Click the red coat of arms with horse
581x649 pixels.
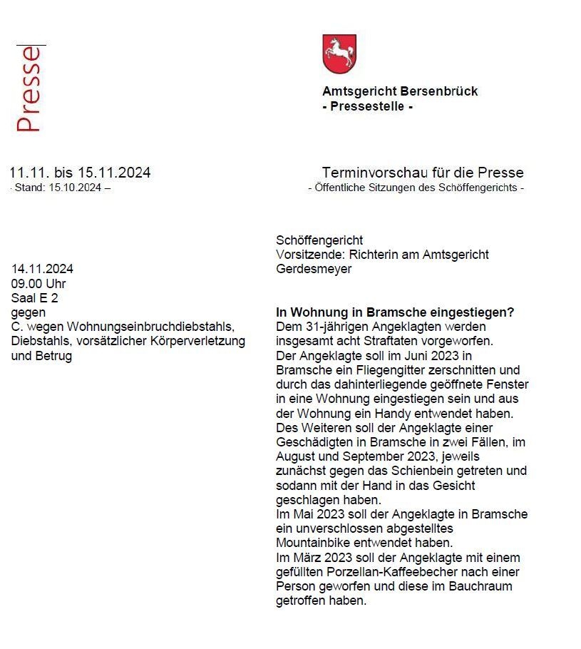tap(339, 54)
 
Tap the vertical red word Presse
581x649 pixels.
tap(29, 89)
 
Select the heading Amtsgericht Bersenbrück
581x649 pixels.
tap(400, 91)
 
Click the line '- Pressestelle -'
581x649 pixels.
tap(367, 107)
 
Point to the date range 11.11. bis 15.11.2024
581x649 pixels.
tap(80, 173)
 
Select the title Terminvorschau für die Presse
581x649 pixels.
tap(422, 173)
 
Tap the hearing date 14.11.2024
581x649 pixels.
tap(42, 269)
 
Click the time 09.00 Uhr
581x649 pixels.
tap(38, 284)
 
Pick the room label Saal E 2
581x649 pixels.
tap(34, 298)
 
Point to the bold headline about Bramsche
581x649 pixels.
tap(395, 312)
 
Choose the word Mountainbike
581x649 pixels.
tap(314, 543)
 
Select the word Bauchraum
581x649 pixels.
tap(481, 586)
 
